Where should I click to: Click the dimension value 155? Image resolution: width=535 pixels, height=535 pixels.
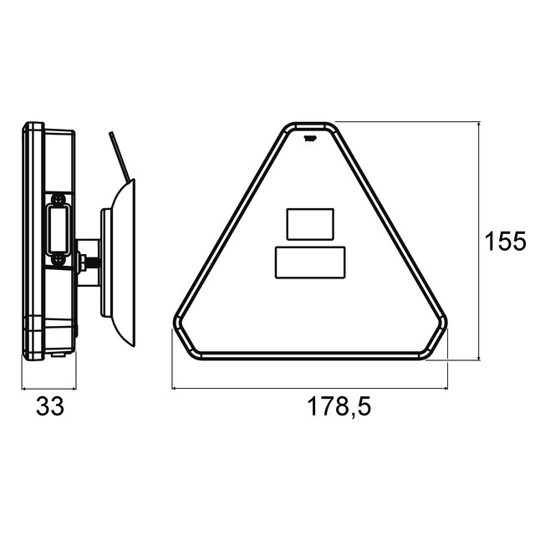point(505,242)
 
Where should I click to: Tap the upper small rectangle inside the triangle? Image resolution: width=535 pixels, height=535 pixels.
point(310,223)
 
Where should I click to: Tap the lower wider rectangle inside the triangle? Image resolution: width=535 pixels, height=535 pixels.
point(310,262)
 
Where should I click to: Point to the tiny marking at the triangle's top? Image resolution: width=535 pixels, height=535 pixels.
point(309,139)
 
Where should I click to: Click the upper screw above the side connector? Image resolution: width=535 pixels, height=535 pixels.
point(58,199)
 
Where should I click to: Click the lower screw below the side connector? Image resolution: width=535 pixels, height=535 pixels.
point(58,260)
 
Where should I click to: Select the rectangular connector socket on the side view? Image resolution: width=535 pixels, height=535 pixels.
point(58,230)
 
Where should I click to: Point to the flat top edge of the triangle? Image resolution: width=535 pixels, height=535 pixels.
point(309,125)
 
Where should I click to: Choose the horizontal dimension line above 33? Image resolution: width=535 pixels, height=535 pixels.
point(48,388)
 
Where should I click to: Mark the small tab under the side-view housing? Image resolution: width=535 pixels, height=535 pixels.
point(58,354)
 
